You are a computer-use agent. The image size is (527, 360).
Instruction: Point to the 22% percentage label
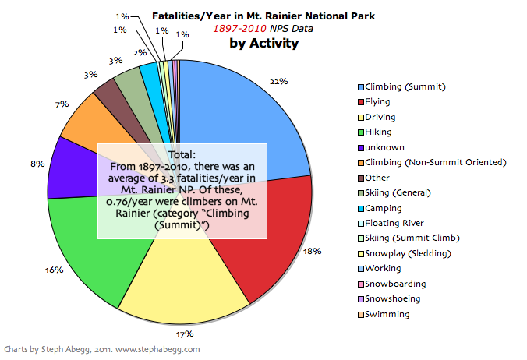pyautogui.click(x=280, y=81)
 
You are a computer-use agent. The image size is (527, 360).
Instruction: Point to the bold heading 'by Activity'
pyautogui.click(x=263, y=44)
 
